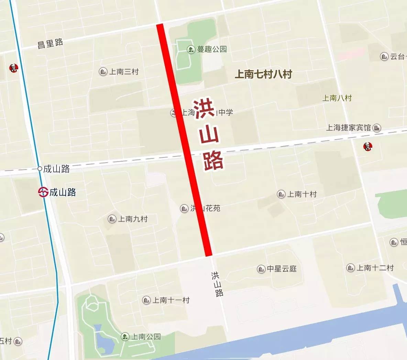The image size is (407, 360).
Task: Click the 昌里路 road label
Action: click(x=50, y=43)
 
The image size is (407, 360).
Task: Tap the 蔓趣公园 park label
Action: click(x=212, y=49)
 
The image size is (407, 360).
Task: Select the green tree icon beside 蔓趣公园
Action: click(x=190, y=50)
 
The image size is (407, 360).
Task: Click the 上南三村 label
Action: click(x=124, y=72)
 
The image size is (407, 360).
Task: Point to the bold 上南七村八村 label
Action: click(x=263, y=74)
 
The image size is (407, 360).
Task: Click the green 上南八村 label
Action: click(x=337, y=98)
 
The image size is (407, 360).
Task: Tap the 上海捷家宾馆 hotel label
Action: click(x=348, y=128)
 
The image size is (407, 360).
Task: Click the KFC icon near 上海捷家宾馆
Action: click(x=368, y=147)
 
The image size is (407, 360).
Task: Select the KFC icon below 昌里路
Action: click(x=13, y=68)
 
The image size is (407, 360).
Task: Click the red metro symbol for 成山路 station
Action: click(x=43, y=192)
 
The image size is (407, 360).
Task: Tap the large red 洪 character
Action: click(x=205, y=109)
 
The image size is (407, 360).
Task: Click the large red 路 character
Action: click(x=213, y=160)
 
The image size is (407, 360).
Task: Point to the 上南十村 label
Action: click(x=302, y=194)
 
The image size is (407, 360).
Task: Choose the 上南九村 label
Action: click(x=133, y=219)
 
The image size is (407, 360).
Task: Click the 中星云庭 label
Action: click(x=282, y=269)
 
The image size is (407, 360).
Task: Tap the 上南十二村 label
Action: click(x=375, y=268)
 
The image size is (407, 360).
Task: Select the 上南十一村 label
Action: click(x=171, y=300)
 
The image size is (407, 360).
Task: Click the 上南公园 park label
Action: click(x=146, y=336)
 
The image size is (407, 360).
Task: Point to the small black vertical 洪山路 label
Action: click(x=217, y=284)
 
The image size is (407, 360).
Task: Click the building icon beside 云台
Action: click(x=384, y=56)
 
